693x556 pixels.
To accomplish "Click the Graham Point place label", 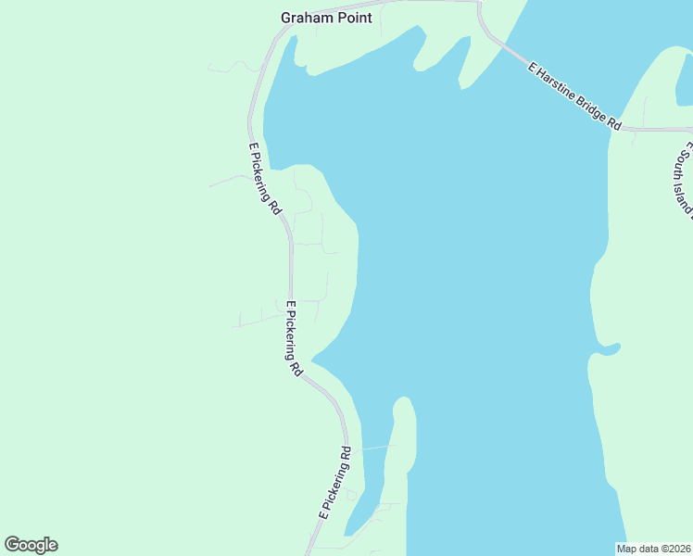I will coord(326,18).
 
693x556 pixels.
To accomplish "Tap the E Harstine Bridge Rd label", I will coord(573,95).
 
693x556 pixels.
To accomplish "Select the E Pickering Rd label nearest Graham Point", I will coord(265,180).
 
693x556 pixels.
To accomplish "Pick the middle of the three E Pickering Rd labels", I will coord(294,337).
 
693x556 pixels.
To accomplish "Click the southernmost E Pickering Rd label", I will coord(335,483).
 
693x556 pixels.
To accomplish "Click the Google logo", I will coord(31,545).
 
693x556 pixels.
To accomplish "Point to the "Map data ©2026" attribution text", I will coord(653,549).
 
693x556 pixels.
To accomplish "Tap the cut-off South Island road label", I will coord(685,182).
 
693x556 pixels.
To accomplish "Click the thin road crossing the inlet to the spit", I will coord(377,448).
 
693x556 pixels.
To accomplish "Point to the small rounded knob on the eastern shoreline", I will coord(609,348).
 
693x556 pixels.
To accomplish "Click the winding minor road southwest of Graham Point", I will coord(235,67).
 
